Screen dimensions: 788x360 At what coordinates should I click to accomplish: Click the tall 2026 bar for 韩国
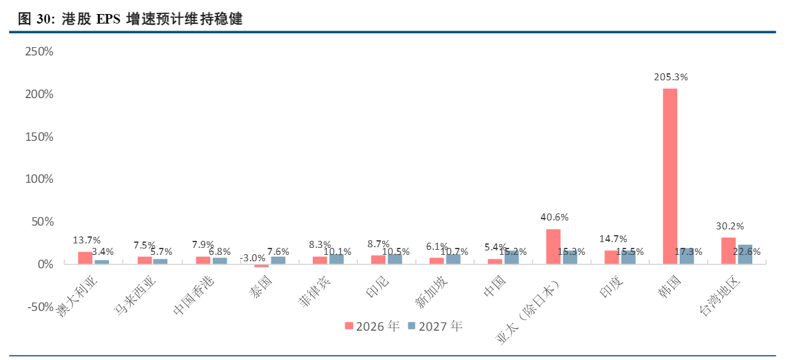coord(670,176)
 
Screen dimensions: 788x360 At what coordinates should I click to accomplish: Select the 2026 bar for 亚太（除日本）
coord(553,247)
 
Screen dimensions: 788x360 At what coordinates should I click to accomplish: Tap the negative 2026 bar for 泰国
coord(261,266)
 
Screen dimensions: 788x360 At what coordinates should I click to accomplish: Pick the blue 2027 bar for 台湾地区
coord(745,254)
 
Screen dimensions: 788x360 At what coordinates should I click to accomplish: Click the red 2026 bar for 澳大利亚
coord(85,258)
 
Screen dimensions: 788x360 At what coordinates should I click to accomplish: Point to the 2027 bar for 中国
coord(512,257)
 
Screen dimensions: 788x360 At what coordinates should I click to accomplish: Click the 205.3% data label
coord(671,77)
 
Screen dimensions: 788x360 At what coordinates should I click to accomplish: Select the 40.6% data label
coord(554,217)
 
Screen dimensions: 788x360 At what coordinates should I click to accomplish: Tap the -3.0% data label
coord(253,258)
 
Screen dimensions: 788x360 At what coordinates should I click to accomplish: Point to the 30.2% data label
coord(730,226)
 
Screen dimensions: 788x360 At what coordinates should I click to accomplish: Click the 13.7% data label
coord(87,240)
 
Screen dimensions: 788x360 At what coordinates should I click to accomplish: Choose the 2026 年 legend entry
coord(372,326)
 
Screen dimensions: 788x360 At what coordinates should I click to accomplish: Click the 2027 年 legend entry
coord(435,326)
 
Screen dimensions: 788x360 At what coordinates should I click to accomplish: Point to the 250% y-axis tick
coord(39,52)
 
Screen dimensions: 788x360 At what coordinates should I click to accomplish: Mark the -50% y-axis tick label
coord(41,307)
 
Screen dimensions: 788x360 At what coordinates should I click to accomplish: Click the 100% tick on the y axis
coord(39,179)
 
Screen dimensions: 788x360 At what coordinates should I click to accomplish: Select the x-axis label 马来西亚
coord(135,295)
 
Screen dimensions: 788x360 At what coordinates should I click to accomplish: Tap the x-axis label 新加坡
coord(431,292)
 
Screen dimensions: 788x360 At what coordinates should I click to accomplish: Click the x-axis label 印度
coord(612,286)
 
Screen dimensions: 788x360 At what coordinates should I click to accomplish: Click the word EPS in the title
coord(108,19)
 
